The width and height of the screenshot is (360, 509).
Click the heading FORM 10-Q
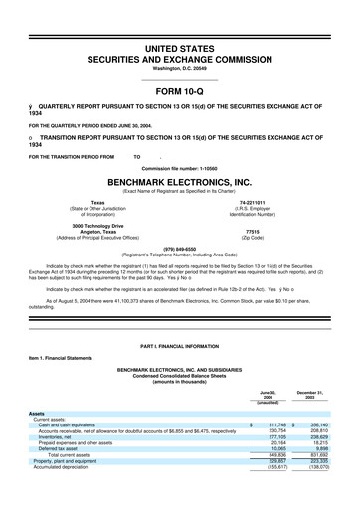pos(180,94)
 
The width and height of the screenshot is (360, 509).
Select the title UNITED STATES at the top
pos(180,48)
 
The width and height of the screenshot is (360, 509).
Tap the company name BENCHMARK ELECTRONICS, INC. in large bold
pos(180,183)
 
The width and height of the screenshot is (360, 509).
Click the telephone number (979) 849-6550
pos(180,249)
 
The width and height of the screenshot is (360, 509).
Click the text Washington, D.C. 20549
pos(180,68)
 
